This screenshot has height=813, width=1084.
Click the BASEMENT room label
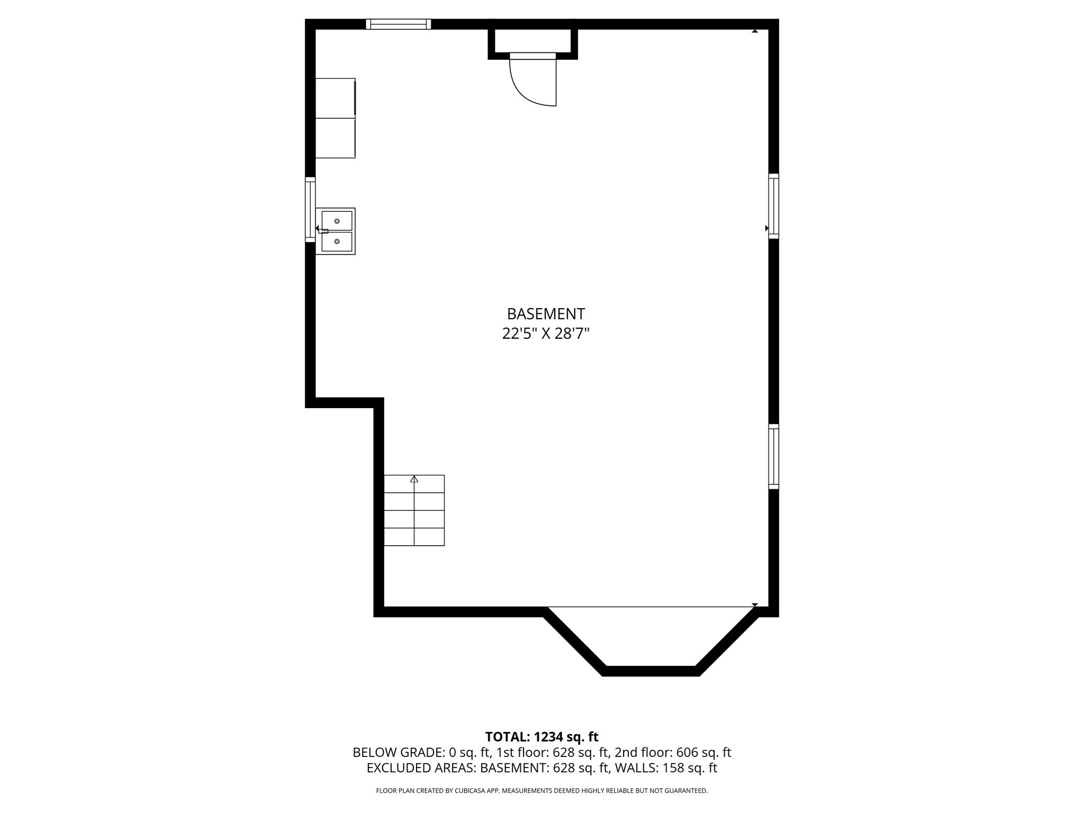(x=546, y=314)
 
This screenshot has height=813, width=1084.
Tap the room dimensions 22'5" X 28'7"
(x=546, y=334)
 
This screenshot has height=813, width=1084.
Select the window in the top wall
(x=398, y=24)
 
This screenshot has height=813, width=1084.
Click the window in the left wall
(x=310, y=210)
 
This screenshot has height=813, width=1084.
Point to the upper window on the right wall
(x=773, y=206)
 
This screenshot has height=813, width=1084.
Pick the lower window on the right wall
(x=773, y=456)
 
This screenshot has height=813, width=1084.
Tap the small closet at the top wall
(x=532, y=41)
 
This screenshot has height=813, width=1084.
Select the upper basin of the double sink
(x=337, y=221)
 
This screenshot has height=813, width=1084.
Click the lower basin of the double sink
(x=337, y=241)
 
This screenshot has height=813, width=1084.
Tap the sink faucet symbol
(x=322, y=230)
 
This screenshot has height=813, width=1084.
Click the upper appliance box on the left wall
(x=335, y=98)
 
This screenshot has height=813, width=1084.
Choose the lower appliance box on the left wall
(x=335, y=138)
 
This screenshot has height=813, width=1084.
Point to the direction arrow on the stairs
(x=414, y=479)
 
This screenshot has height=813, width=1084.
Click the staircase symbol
(x=414, y=510)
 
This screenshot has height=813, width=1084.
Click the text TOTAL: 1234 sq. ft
(x=541, y=737)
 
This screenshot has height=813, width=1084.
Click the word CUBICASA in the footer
(x=469, y=791)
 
